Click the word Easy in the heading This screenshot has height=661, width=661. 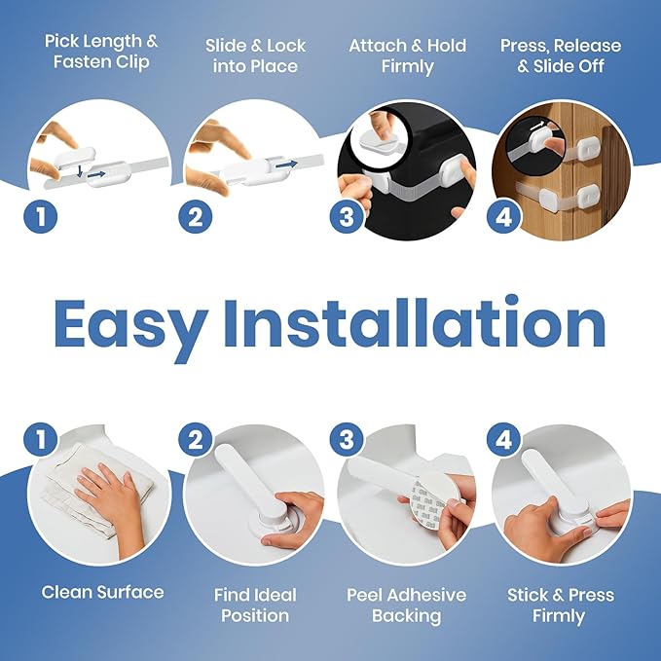[x=130, y=324]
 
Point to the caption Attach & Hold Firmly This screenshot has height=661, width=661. [x=406, y=56]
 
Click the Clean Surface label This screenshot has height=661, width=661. [x=102, y=592]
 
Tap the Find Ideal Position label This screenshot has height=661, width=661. [x=254, y=605]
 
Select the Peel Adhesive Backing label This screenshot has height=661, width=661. [x=406, y=605]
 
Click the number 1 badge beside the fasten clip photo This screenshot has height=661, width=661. [x=40, y=215]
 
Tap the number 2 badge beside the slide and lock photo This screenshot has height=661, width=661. [x=195, y=215]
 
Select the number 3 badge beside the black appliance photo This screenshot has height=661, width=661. [x=346, y=215]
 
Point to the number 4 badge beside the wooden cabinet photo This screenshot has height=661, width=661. [x=503, y=215]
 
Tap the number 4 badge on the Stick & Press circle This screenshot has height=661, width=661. [x=503, y=439]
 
